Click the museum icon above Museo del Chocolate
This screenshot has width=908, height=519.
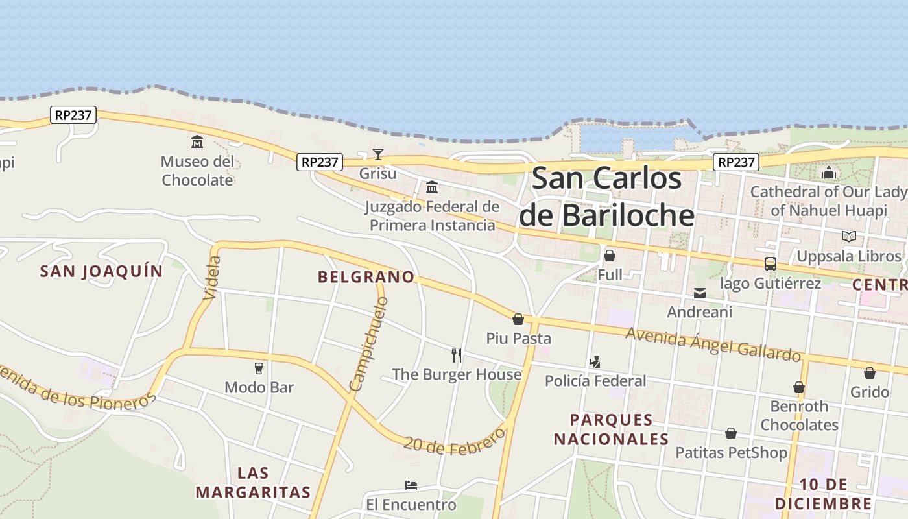tap(197, 141)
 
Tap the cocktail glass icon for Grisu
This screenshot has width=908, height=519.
tap(378, 154)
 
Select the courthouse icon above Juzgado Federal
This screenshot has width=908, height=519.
tap(431, 187)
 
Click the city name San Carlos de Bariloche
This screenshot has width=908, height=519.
tap(607, 197)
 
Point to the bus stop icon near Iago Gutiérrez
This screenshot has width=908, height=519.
tap(771, 264)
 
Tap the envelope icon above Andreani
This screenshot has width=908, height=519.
tap(700, 293)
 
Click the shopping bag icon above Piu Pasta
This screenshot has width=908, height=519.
tap(518, 319)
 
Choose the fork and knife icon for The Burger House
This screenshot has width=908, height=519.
tap(457, 356)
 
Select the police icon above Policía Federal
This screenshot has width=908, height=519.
tap(595, 362)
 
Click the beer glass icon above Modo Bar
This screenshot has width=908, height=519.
tap(259, 368)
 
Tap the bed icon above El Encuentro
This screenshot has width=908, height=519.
tap(411, 485)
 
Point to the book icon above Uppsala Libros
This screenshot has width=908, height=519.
tap(848, 237)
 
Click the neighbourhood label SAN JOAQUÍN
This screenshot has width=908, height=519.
tap(101, 271)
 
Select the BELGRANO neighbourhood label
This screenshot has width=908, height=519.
tap(366, 277)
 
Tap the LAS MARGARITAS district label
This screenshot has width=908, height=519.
tap(253, 482)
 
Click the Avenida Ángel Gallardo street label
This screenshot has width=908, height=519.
tap(713, 344)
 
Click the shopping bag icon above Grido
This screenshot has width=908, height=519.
tap(869, 373)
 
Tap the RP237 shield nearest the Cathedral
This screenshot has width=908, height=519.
tap(736, 162)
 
